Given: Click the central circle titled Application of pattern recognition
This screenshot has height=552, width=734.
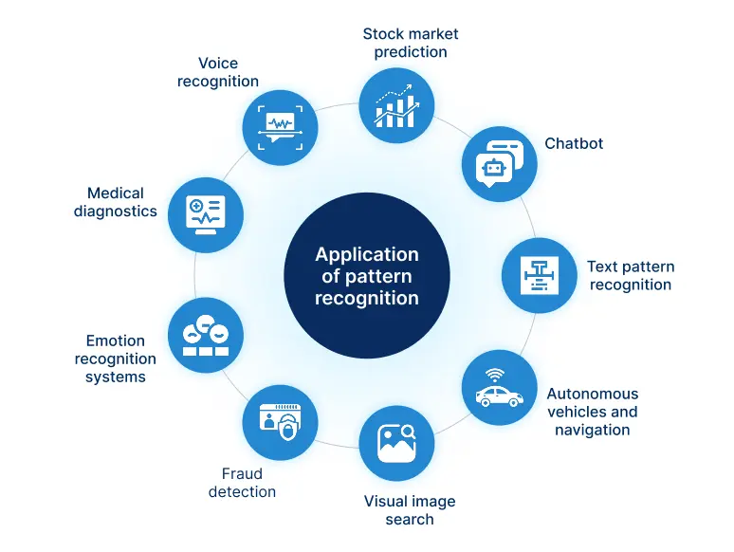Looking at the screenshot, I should tap(367, 275).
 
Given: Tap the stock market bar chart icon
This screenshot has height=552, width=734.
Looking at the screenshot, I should tap(396, 104).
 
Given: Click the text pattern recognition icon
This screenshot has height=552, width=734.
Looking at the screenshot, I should tap(539, 275).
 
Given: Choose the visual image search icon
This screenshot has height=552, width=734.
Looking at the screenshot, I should tap(396, 443).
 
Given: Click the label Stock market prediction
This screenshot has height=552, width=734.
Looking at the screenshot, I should tap(410, 43).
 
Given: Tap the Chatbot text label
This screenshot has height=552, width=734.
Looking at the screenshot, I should tap(574, 143).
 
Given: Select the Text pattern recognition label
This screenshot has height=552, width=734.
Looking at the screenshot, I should tap(630, 275).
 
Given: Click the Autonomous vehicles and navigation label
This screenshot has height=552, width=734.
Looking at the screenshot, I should tap(592, 412).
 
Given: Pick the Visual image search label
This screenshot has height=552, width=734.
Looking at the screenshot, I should tap(410, 509).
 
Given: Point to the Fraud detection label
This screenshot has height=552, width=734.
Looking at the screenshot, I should tap(242, 482).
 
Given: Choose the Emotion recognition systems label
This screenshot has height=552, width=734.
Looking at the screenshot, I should tap(116, 359).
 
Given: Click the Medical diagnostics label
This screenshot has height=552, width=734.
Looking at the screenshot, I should tap(116, 202).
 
